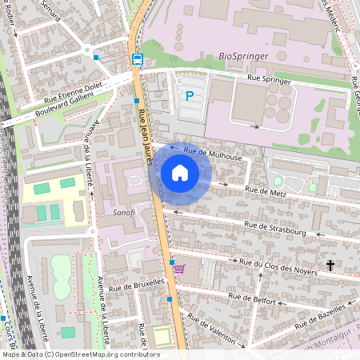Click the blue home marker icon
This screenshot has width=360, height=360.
tap(180, 172)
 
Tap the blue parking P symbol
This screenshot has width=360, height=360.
tap(190, 96)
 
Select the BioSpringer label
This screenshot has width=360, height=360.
tap(242, 58)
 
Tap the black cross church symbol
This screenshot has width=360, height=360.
tap(330, 265)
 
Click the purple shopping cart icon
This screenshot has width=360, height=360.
tap(178, 269)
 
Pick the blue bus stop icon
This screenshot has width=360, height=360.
tap(137, 58)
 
